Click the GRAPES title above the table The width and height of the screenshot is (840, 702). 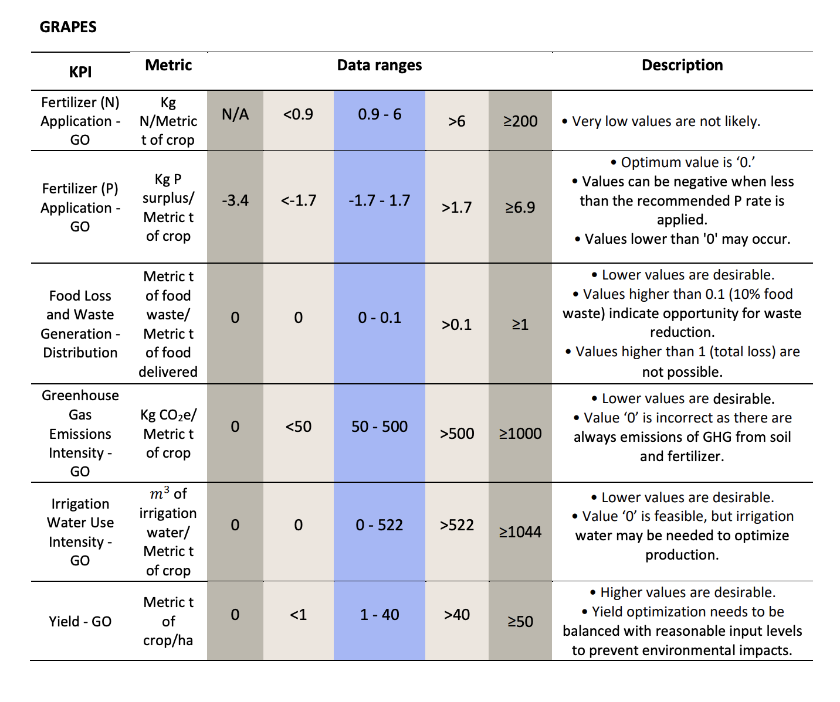(x=68, y=27)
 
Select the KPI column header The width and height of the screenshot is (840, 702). (x=80, y=72)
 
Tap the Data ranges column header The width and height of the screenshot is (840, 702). (x=380, y=65)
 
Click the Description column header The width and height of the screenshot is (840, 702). (x=682, y=65)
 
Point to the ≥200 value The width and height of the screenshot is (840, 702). (x=520, y=121)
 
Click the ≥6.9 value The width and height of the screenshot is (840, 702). (x=520, y=207)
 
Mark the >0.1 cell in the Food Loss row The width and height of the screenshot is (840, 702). (x=456, y=325)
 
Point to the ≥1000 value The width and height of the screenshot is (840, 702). (x=520, y=434)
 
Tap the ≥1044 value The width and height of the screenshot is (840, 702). (x=520, y=532)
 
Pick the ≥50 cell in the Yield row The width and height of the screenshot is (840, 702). (x=520, y=622)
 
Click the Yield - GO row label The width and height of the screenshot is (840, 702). (x=80, y=622)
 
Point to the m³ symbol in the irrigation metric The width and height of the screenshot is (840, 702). (x=160, y=493)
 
